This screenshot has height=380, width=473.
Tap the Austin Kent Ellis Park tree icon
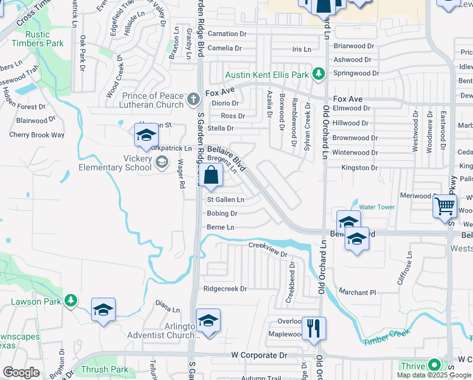pos(319,74)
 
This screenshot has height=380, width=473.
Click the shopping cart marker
pos(445,206)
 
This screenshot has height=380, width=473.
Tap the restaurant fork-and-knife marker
pos(314,329)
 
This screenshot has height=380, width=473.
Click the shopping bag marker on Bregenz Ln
pos(210,175)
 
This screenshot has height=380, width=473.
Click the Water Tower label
pos(377,207)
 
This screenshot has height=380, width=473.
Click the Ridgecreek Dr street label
pos(224,289)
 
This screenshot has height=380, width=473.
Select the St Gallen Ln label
pos(226,199)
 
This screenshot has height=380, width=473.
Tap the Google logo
pos(21,372)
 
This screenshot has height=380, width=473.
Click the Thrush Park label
pos(104,369)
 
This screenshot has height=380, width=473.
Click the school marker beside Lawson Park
pos(103,310)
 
